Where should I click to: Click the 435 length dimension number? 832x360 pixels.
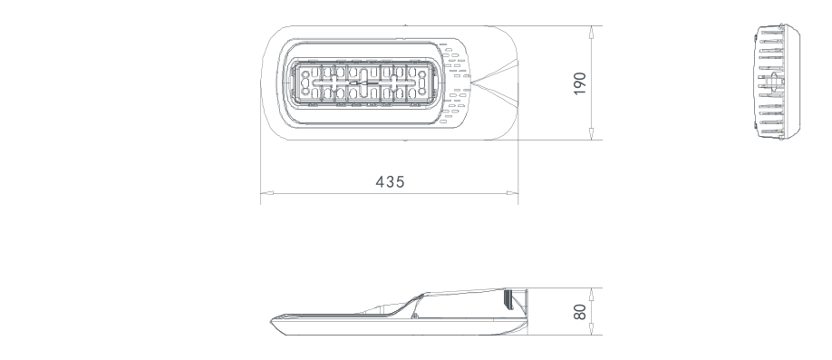click(x=390, y=182)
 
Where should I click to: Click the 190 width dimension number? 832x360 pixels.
click(x=580, y=83)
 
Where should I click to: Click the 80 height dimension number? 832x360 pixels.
click(x=580, y=312)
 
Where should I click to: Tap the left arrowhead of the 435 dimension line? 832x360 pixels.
click(x=266, y=193)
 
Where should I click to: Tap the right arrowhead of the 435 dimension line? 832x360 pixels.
click(x=512, y=193)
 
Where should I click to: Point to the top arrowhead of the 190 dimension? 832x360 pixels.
click(x=592, y=32)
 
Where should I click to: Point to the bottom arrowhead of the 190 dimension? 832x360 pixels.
click(x=592, y=134)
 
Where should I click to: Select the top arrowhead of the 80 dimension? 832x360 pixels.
click(x=592, y=294)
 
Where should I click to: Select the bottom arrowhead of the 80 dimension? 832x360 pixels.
click(x=592, y=328)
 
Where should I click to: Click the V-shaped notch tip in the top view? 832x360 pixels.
click(x=471, y=83)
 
